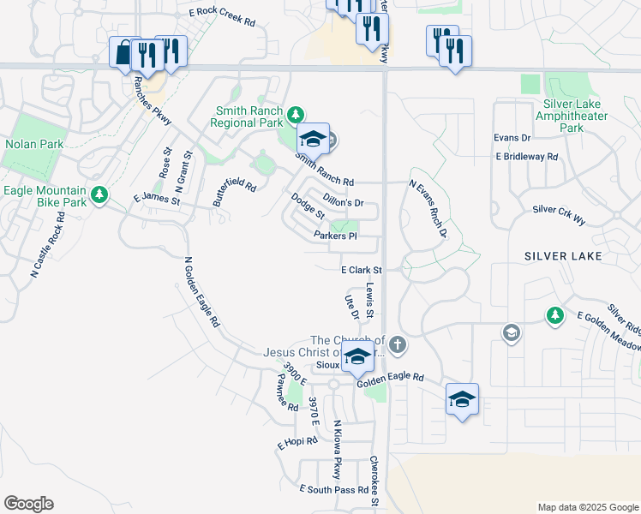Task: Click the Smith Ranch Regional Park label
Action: click(249, 117)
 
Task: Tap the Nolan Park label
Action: click(34, 145)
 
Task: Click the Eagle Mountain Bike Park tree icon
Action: click(100, 195)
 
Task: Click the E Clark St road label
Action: click(360, 270)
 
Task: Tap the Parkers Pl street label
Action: click(335, 236)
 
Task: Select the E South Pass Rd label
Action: click(333, 489)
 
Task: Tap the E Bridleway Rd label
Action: click(526, 157)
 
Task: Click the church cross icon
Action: click(396, 345)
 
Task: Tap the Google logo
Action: click(28, 504)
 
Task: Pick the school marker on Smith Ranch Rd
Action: click(313, 139)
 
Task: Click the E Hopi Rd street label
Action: click(297, 445)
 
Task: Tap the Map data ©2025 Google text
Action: click(587, 507)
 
